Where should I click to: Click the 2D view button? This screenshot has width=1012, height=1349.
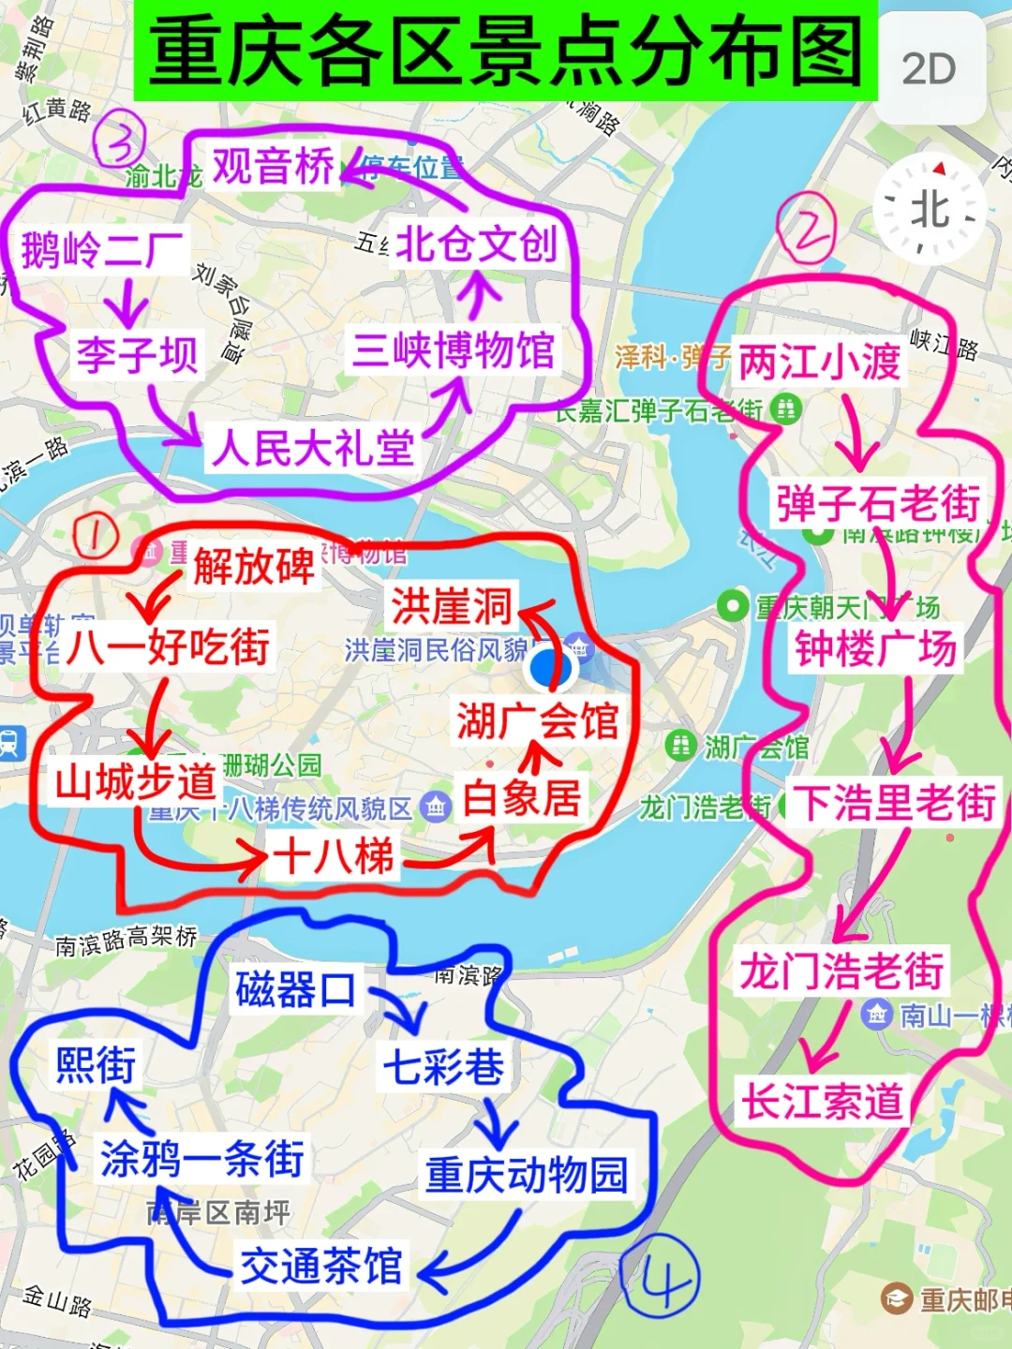(x=930, y=68)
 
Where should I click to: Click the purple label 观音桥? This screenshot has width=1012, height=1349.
(x=273, y=167)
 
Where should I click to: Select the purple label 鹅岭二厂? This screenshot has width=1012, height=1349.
(x=102, y=250)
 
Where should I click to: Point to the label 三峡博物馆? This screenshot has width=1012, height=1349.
(x=454, y=350)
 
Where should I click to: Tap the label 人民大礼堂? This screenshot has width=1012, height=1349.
(x=313, y=448)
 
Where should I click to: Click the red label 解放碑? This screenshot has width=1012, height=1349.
(x=253, y=566)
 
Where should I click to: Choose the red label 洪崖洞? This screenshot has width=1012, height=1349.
(x=452, y=606)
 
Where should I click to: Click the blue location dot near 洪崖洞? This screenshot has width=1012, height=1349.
(x=550, y=669)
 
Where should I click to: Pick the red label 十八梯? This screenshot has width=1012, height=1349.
(x=334, y=855)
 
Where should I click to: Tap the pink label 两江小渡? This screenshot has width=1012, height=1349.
(x=820, y=362)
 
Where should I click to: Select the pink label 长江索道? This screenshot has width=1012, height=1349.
(x=823, y=1101)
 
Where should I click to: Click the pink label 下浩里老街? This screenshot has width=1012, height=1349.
(x=894, y=803)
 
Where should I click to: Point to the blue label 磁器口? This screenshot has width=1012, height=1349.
(x=296, y=989)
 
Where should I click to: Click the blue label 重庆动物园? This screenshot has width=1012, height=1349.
(x=527, y=1175)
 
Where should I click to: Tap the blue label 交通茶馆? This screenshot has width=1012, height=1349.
(x=321, y=1267)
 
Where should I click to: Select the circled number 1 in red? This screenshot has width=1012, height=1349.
(x=95, y=536)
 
